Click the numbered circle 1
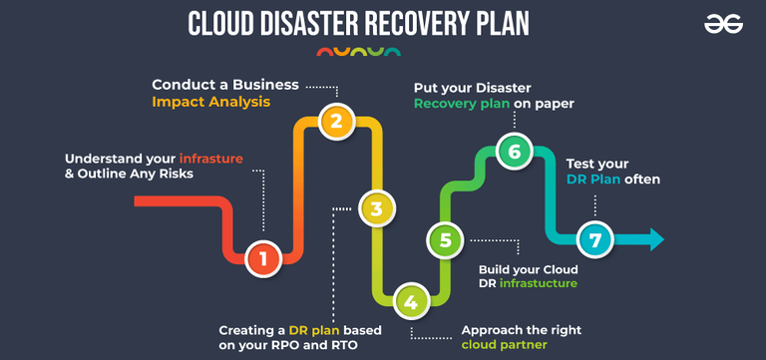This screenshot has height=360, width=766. coord(263,258)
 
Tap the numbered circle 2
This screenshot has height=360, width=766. coord(337,122)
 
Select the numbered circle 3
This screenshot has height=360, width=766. coord(375,208)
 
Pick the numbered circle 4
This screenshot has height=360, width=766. coord(412,300)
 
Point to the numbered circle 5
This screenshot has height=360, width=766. coord(445,239)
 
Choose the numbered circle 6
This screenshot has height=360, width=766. coord(515,152)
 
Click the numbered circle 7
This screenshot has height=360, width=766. coord(595,239)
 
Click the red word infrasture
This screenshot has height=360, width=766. coord(211,159)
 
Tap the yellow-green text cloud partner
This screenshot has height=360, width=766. coord(503,344)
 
